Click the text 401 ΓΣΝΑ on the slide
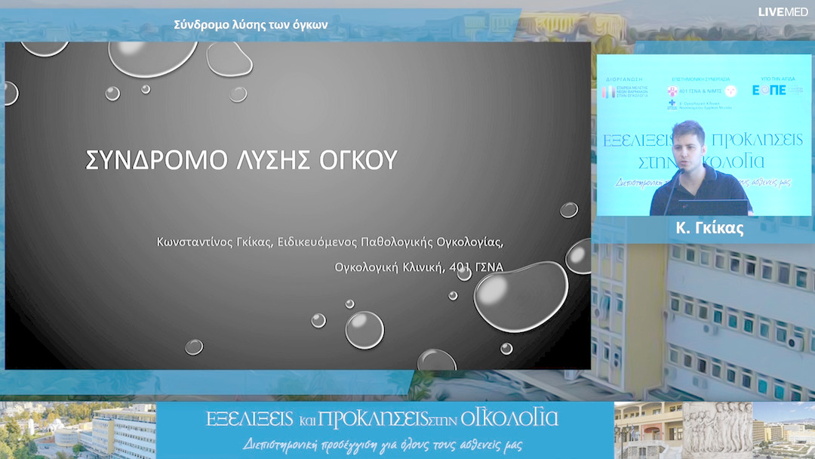point(476,266)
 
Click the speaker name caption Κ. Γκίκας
point(705,229)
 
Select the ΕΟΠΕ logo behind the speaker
point(769,90)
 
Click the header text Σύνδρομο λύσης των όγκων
point(251,25)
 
